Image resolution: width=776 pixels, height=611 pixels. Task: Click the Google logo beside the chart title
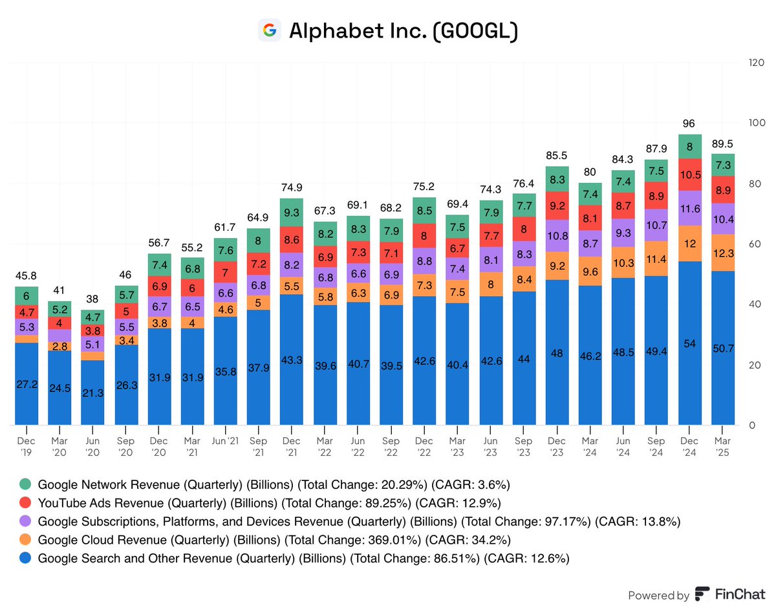pyautogui.click(x=269, y=30)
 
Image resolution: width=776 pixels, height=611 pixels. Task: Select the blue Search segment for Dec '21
pyautogui.click(x=292, y=359)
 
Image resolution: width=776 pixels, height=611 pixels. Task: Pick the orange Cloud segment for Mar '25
pyautogui.click(x=723, y=252)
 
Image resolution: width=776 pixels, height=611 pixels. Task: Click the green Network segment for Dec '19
pyautogui.click(x=27, y=295)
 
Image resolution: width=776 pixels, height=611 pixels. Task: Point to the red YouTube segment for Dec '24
pyautogui.click(x=690, y=175)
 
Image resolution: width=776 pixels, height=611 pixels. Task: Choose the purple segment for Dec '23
pyautogui.click(x=557, y=235)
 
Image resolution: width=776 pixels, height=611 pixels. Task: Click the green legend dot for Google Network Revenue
pyautogui.click(x=25, y=483)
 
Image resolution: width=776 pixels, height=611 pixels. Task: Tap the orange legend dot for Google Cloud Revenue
pyautogui.click(x=25, y=539)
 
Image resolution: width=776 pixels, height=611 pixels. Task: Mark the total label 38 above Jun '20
pyautogui.click(x=93, y=299)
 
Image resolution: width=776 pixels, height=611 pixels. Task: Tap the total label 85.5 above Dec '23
pyautogui.click(x=557, y=155)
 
